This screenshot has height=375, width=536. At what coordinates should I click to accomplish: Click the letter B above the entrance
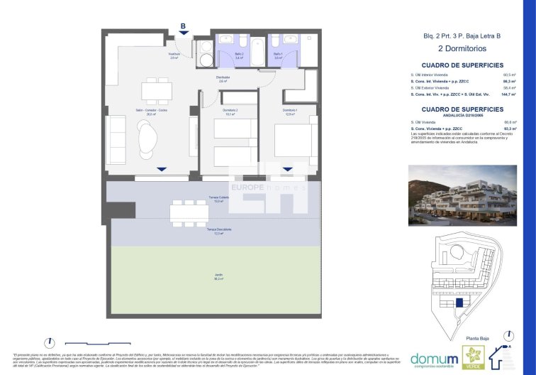(183, 26)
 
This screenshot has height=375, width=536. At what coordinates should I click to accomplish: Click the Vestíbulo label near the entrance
(174, 56)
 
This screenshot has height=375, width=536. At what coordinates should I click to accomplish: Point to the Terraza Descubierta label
(219, 231)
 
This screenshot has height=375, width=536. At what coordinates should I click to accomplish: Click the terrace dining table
(189, 212)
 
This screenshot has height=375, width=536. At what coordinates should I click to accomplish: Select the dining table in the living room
(156, 91)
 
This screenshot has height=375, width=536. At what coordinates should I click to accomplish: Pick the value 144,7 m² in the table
(508, 94)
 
